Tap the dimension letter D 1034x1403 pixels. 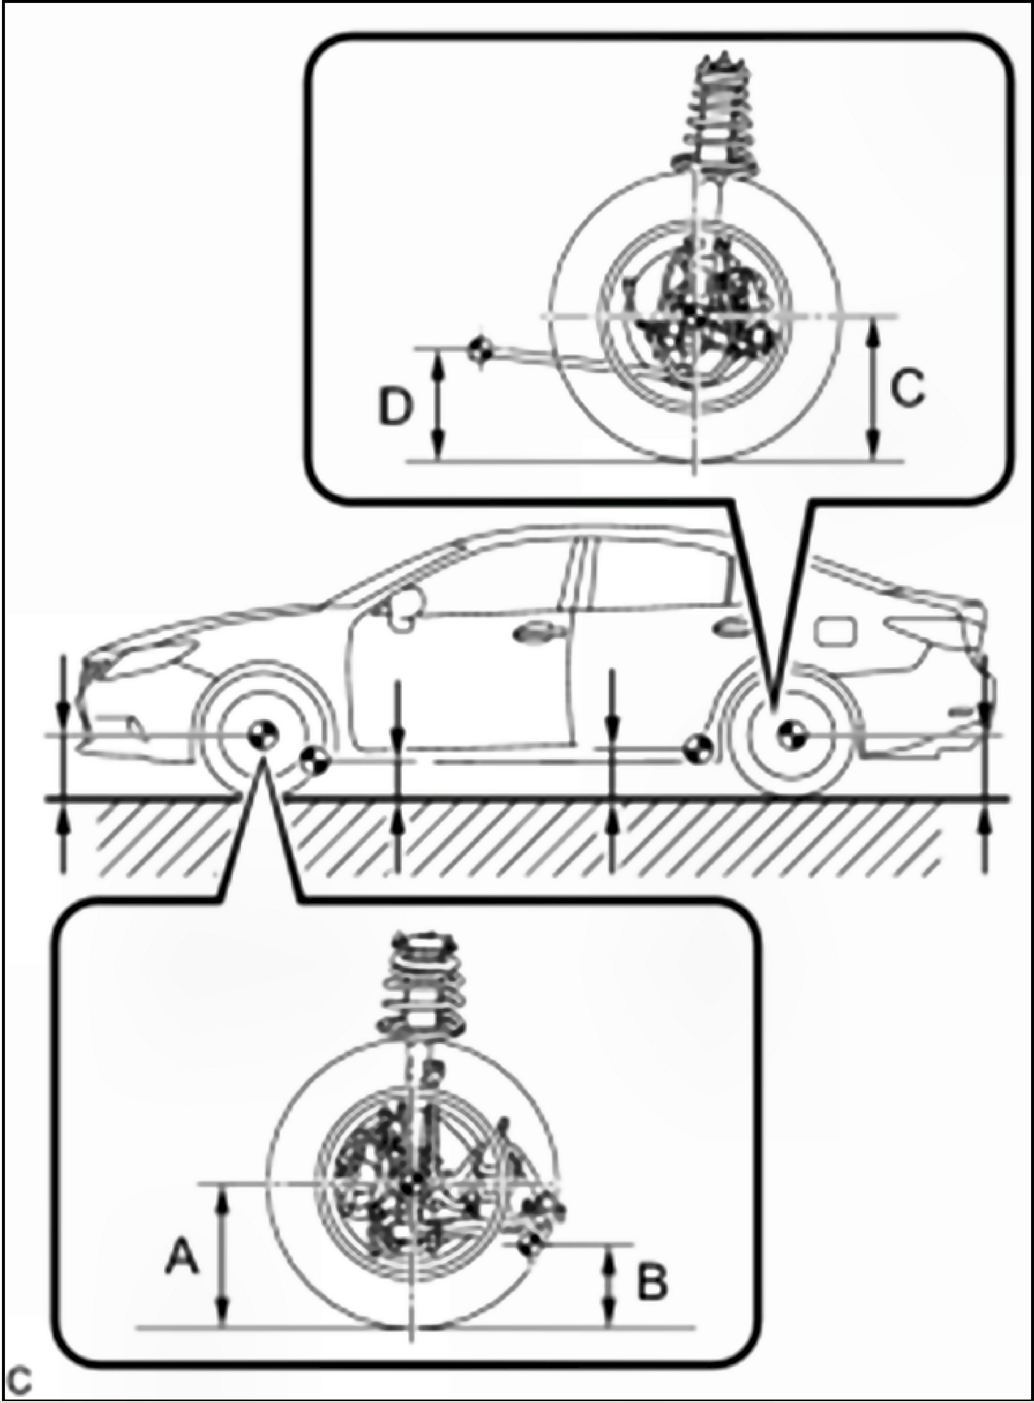coord(395,406)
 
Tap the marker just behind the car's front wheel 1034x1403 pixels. coord(314,761)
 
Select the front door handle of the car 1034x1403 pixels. coord(531,633)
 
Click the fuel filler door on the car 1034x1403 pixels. coord(835,631)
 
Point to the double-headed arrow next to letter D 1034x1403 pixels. coord(439,404)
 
